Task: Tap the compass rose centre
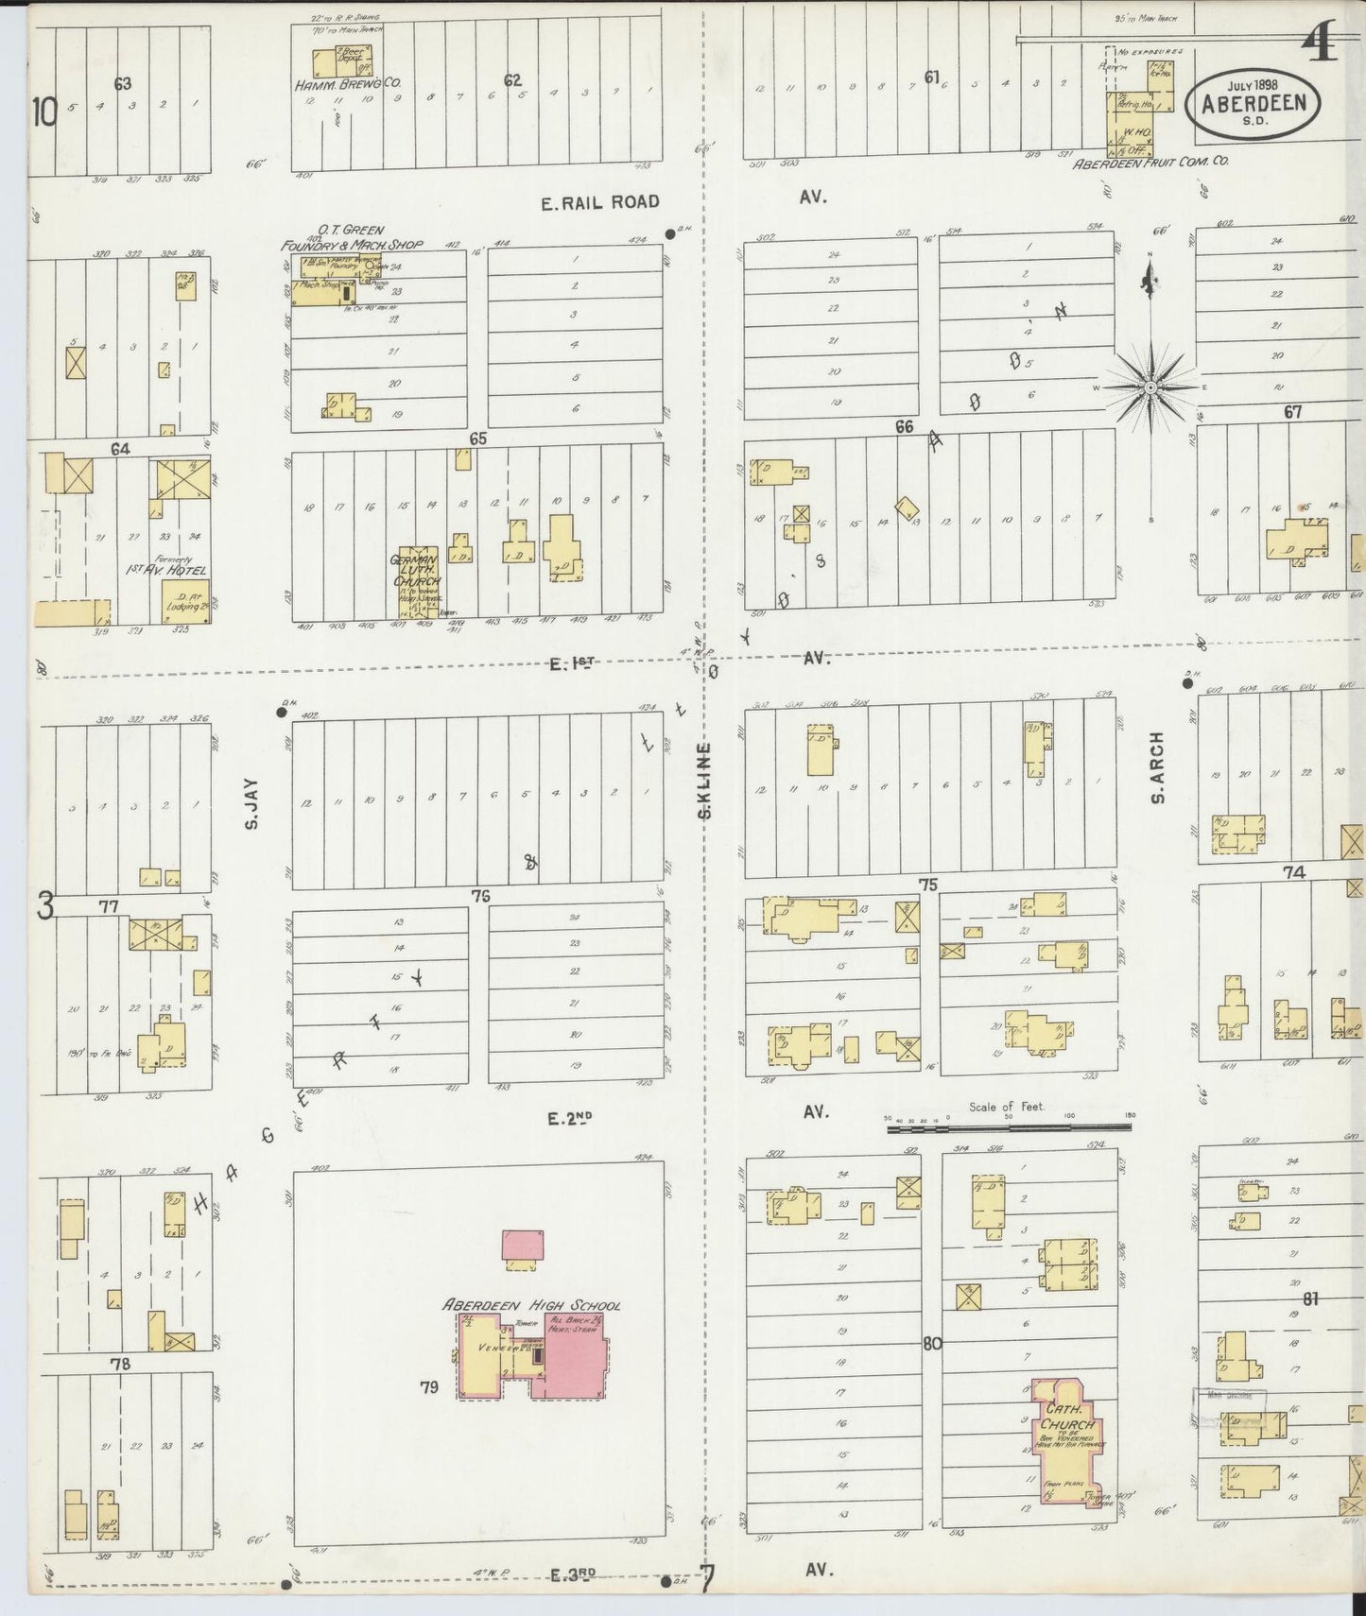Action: click(x=1150, y=387)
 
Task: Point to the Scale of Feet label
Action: click(x=1006, y=1107)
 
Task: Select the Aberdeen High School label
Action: click(x=532, y=1305)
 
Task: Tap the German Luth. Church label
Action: click(x=416, y=571)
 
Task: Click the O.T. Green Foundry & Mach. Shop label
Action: click(x=351, y=238)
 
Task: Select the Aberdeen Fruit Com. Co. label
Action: click(x=1150, y=162)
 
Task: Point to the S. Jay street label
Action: click(x=251, y=810)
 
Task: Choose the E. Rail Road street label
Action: click(x=600, y=201)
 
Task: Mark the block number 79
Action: click(x=430, y=1387)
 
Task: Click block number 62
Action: click(x=512, y=80)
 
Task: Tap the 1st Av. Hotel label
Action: click(x=167, y=570)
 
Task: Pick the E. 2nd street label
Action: click(x=570, y=1119)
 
